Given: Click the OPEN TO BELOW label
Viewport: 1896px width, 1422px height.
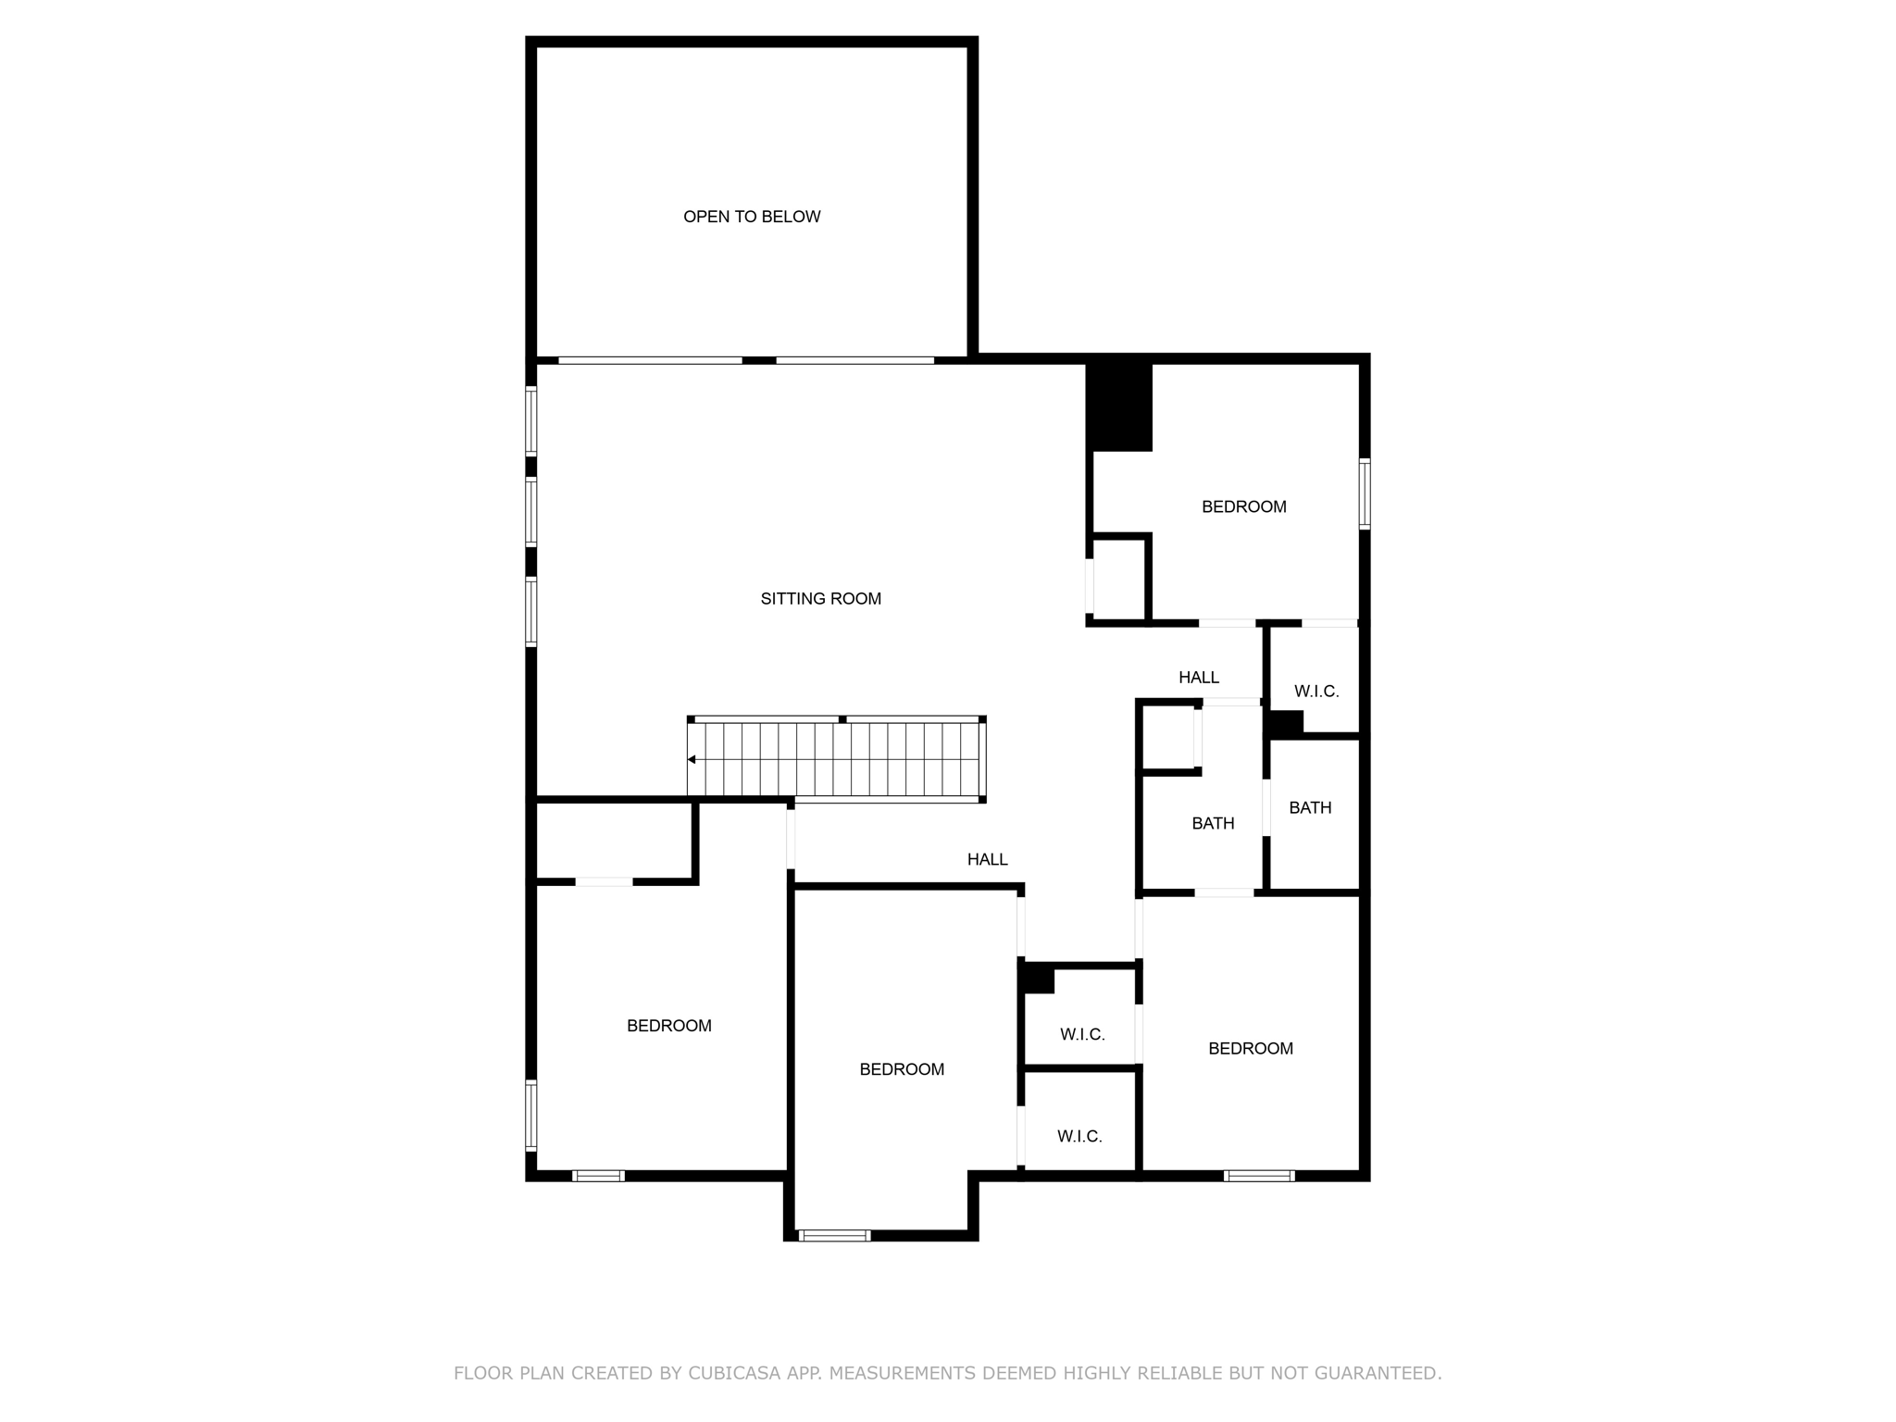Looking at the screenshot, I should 752,217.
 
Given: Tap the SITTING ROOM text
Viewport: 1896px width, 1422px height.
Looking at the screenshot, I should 820,599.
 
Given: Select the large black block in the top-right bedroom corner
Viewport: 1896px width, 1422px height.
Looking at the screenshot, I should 1119,407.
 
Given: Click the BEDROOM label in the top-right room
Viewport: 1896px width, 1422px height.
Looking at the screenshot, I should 1243,506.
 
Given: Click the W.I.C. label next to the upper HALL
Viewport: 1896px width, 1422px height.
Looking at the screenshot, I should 1316,692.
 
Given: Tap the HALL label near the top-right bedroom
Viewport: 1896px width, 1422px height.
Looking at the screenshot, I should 1198,678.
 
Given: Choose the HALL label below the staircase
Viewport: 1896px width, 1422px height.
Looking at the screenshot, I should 987,859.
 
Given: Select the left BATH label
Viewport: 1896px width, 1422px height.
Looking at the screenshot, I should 1212,823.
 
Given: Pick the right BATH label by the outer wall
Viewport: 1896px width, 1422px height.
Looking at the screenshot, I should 1310,807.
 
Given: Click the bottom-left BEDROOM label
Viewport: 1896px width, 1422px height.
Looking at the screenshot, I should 668,1026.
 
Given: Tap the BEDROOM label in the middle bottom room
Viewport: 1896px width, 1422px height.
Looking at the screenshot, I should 901,1069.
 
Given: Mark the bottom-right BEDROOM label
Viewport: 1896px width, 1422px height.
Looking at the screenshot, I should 1250,1048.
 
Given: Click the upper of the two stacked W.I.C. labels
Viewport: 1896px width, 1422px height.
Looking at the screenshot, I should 1082,1034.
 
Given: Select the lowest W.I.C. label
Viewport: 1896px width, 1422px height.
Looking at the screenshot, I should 1079,1136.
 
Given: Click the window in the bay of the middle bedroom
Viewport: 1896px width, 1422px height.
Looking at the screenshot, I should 834,1235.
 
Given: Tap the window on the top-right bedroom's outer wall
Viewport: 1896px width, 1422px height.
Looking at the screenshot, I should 1364,493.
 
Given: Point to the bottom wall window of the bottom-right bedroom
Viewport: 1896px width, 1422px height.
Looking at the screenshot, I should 1258,1176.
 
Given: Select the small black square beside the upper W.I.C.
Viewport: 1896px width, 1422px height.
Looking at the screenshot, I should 1286,723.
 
